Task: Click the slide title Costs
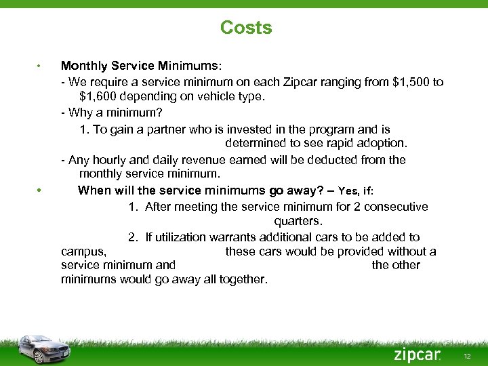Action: [245, 28]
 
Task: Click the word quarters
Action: [298, 221]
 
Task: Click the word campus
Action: [83, 251]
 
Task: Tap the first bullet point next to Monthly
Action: [40, 66]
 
